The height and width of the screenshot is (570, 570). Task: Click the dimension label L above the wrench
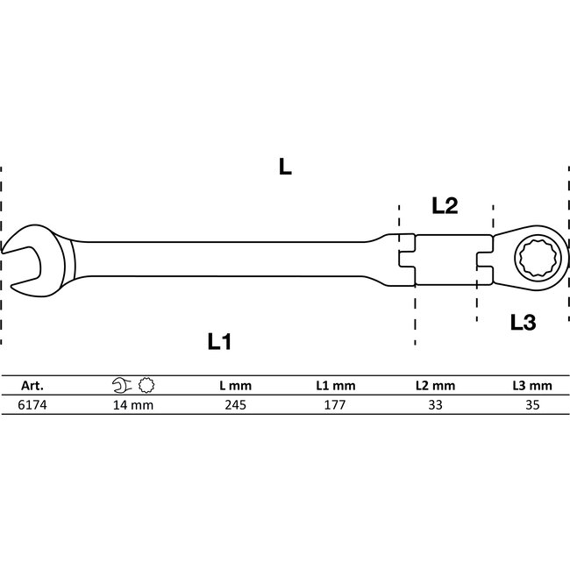[284, 167]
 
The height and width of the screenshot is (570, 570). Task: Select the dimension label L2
[445, 206]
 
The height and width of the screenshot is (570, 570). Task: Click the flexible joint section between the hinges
[445, 260]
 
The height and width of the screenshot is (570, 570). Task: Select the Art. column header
[31, 385]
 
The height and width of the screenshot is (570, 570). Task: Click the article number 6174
[31, 405]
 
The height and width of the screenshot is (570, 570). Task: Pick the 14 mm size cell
[133, 405]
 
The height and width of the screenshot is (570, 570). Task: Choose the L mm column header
[235, 385]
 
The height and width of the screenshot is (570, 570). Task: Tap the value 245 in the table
[235, 405]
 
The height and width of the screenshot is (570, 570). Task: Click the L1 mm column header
[337, 385]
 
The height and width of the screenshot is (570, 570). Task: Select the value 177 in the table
[337, 405]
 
